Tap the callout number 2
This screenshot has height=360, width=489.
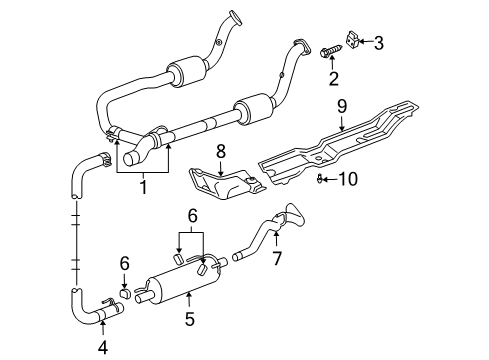click(x=334, y=79)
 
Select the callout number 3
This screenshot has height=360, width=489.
click(x=378, y=42)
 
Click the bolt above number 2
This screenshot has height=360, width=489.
click(x=330, y=52)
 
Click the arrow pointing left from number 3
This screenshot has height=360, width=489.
click(x=367, y=42)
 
